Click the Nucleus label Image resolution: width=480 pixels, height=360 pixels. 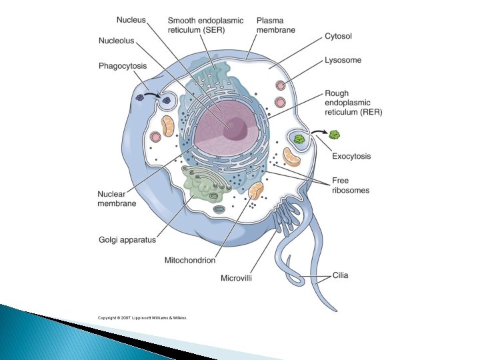tap(131, 21)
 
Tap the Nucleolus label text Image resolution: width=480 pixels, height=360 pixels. tap(116, 41)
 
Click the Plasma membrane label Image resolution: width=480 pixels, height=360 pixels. tap(276, 25)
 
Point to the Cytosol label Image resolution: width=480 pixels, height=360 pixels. tap(338, 35)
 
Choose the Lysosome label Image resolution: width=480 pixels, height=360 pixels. tap(342, 60)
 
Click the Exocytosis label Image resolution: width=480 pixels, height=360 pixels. tap(351, 156)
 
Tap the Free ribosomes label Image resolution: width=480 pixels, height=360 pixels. tap(350, 185)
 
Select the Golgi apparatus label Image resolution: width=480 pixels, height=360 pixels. tap(127, 239)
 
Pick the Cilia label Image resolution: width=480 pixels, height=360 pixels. tap(340, 275)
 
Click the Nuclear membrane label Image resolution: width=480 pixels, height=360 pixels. tap(117, 199)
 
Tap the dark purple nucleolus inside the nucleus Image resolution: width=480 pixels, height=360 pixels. tap(235, 127)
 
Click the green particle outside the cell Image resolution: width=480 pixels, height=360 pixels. tap(335, 135)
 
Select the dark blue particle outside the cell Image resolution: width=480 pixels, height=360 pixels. tap(140, 97)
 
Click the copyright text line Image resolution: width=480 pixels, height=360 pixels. tap(143, 318)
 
